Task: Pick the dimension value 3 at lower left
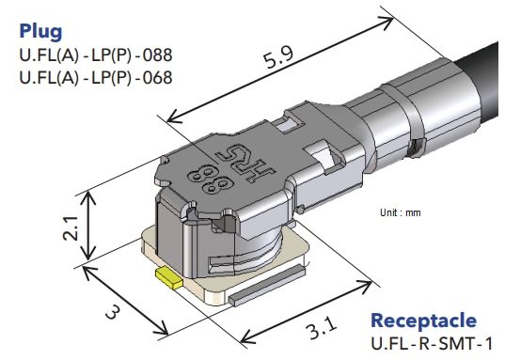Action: coord(112,311)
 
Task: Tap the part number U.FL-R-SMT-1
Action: coord(436,344)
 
